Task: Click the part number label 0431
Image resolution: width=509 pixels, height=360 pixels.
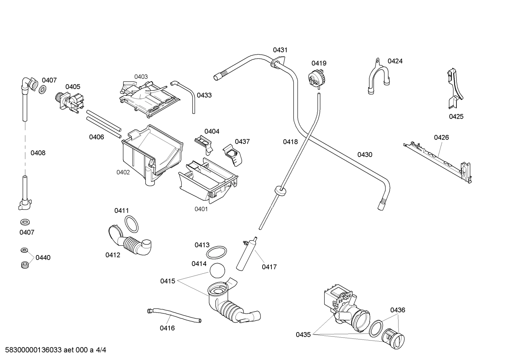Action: (x=280, y=50)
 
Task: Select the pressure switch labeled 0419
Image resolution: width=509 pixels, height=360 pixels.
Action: (x=316, y=77)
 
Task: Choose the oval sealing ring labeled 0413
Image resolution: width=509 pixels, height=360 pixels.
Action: (x=216, y=253)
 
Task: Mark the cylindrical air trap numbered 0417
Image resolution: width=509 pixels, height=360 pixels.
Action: (x=246, y=254)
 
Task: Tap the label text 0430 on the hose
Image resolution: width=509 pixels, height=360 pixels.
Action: (x=365, y=154)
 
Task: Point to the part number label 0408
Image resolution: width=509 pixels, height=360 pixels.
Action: (x=38, y=153)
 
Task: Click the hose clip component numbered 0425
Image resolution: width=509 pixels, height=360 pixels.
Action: (x=454, y=90)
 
